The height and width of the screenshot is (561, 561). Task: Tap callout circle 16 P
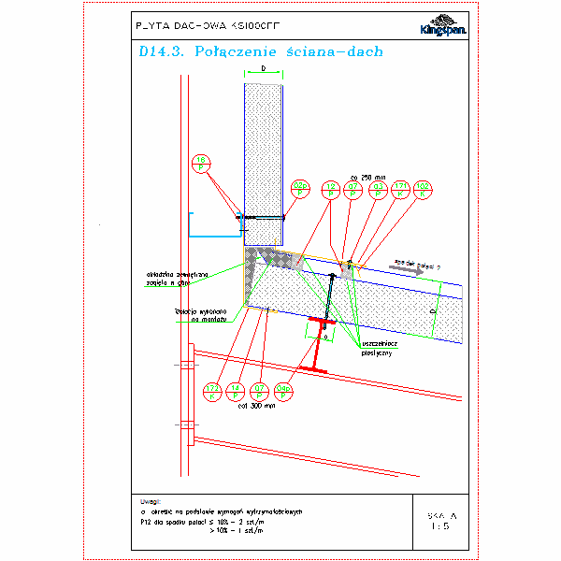click(x=202, y=164)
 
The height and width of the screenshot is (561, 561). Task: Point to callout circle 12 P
click(x=329, y=189)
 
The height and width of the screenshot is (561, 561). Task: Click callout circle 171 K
click(x=400, y=189)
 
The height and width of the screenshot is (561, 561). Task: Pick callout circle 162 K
click(x=423, y=189)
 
